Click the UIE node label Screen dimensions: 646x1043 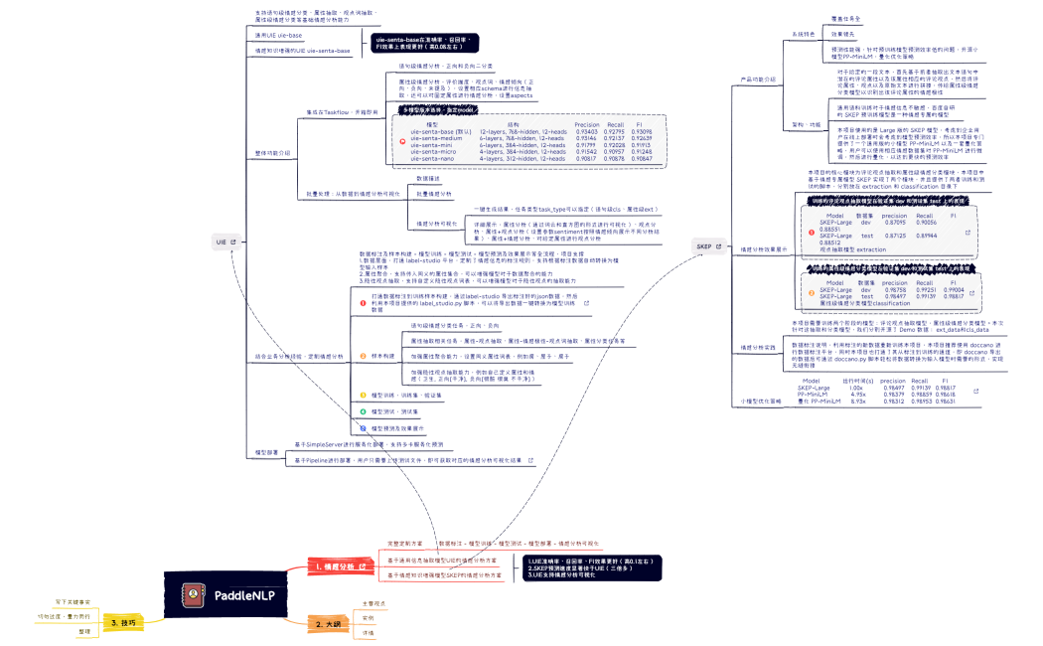click(221, 242)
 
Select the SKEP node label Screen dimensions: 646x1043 click(704, 245)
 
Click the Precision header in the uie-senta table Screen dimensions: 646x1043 click(587, 125)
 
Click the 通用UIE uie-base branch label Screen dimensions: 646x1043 click(279, 35)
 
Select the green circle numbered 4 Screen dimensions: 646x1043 click(364, 410)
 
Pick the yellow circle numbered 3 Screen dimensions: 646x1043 click(364, 395)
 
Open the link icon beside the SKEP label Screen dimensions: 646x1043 click(719, 245)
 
